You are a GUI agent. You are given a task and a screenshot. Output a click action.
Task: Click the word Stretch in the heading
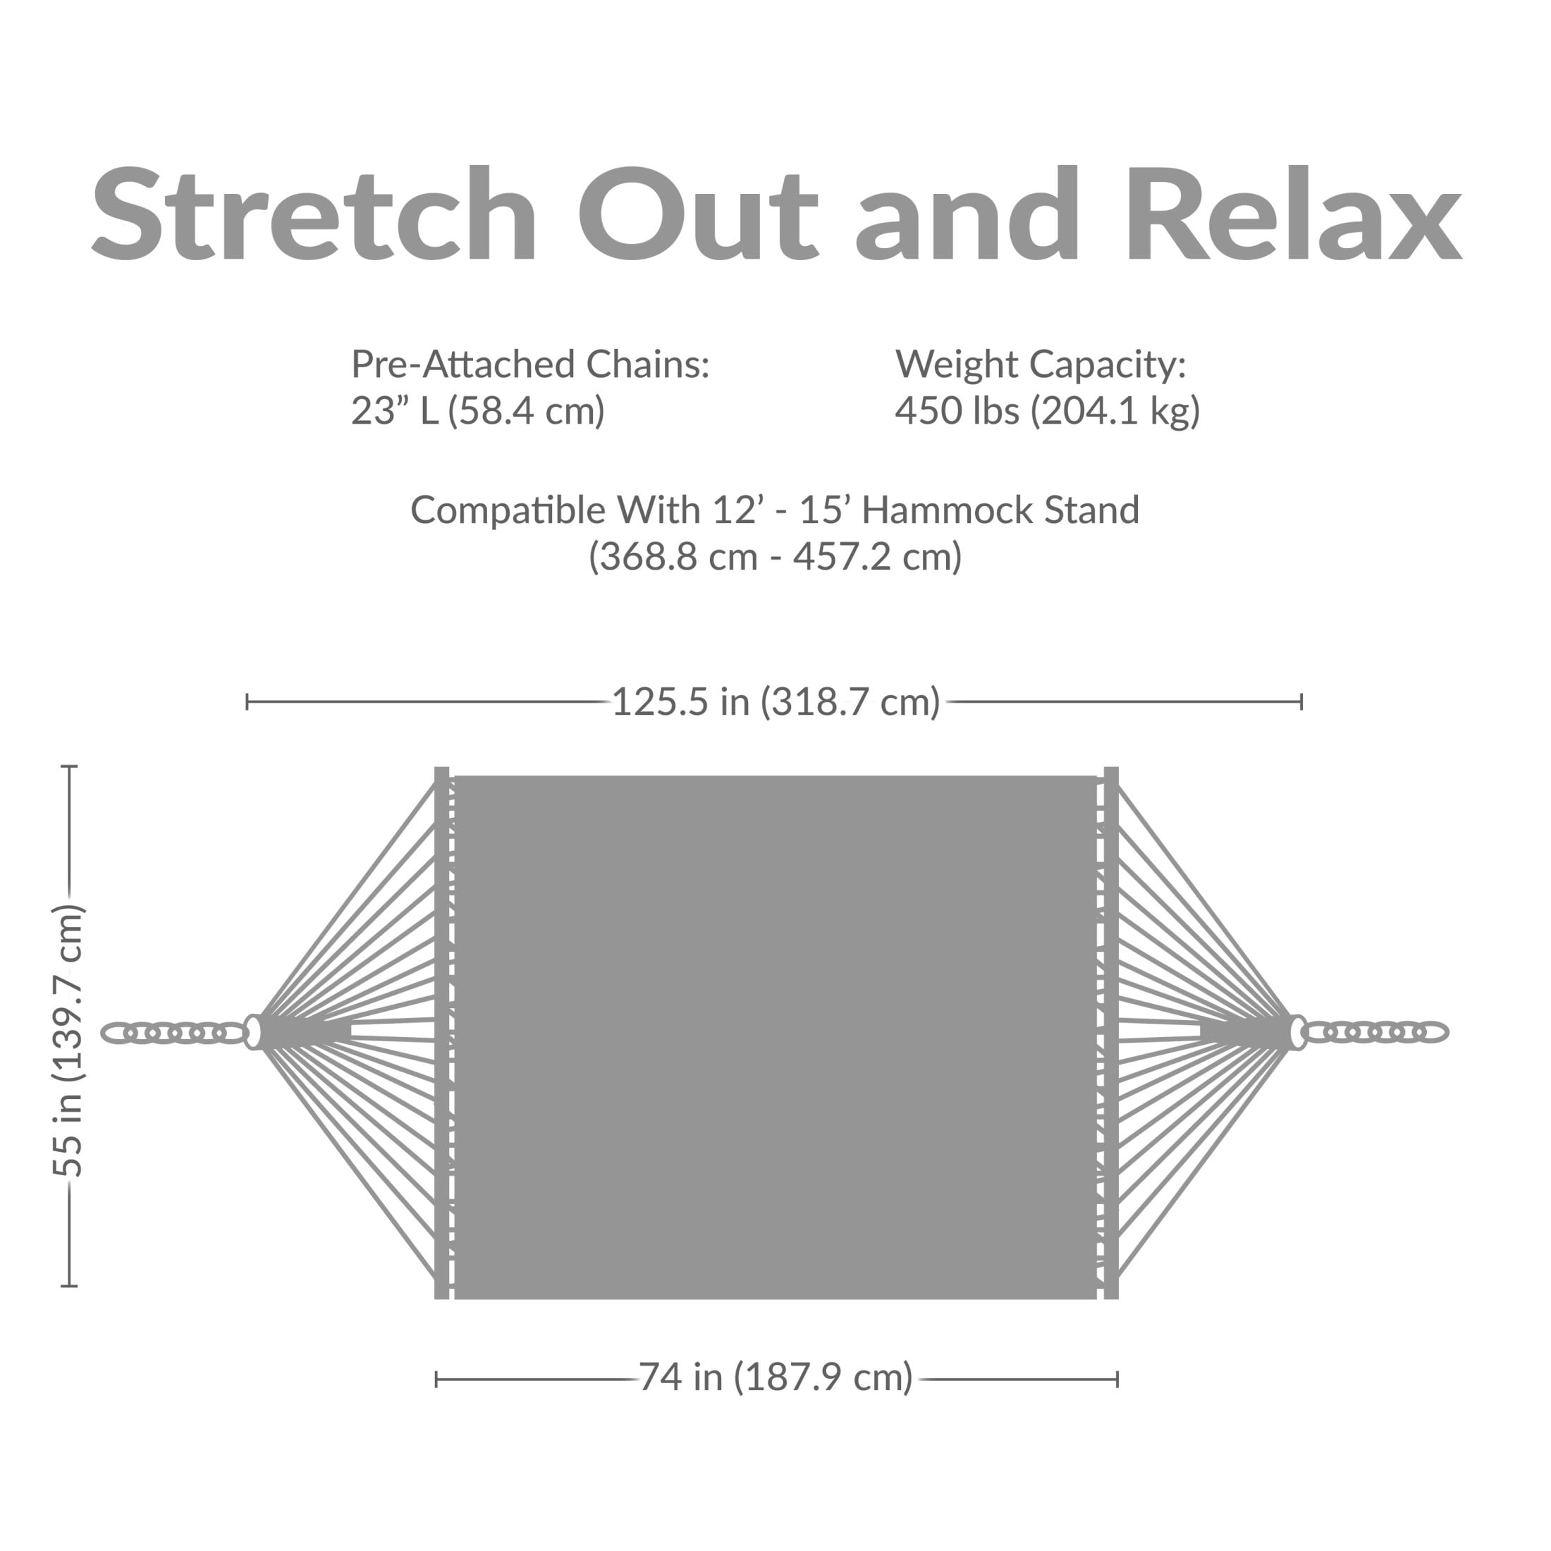point(314,214)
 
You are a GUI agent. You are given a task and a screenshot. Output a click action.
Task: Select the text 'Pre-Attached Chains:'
point(531,365)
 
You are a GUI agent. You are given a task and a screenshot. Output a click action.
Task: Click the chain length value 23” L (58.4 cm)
point(478,411)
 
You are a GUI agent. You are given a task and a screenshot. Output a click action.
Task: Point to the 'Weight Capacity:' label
point(1041,365)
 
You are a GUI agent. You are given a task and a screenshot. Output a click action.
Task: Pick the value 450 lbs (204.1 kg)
point(1048,411)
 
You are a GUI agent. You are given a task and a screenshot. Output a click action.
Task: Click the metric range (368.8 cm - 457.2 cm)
point(775,556)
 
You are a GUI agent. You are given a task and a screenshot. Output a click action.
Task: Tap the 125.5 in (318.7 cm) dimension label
point(775,701)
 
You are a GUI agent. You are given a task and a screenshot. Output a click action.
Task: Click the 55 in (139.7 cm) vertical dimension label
point(69,1041)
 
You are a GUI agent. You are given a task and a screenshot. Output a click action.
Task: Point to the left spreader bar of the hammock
point(441,1032)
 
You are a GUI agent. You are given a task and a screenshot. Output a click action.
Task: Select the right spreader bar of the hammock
point(1111,1032)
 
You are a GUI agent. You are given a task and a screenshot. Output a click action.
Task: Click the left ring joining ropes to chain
point(253,1032)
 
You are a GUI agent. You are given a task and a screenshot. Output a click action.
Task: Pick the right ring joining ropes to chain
point(1296,1032)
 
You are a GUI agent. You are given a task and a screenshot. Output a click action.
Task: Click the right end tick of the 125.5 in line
point(1301,701)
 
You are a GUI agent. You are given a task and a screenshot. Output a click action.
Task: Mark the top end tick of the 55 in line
point(70,766)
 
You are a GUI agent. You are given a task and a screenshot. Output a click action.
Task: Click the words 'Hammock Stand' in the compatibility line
point(1000,510)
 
